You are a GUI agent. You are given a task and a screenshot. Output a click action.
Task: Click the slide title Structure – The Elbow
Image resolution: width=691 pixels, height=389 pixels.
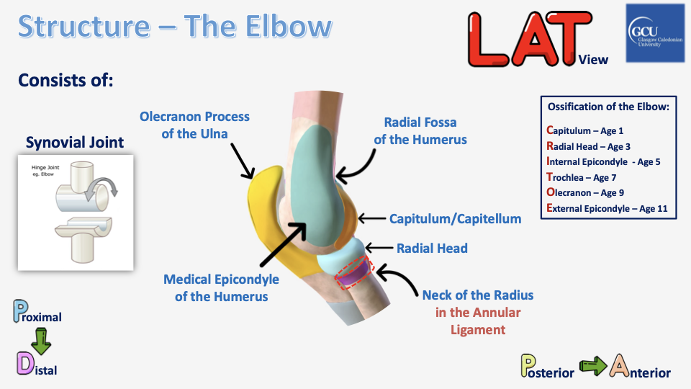175,27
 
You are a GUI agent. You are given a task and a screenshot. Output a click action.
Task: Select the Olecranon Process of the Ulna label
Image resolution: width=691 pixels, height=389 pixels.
194,124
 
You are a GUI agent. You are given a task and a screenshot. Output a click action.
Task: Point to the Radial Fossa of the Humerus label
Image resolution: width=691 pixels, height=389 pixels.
420,130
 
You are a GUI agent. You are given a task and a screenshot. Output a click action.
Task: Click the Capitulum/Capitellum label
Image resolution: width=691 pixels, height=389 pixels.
455,218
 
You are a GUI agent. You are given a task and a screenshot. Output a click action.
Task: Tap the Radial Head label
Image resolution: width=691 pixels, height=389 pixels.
432,249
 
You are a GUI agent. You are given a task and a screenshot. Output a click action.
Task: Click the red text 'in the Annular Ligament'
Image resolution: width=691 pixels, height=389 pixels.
477,321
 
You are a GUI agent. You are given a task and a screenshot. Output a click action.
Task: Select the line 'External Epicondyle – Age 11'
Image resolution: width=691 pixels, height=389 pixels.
608,208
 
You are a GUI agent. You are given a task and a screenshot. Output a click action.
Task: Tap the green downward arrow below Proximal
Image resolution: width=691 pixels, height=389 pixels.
40,341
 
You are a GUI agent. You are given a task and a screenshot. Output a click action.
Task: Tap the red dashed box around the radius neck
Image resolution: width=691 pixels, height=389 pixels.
354,272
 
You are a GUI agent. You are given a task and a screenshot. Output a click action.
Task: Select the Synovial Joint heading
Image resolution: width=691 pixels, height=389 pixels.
75,143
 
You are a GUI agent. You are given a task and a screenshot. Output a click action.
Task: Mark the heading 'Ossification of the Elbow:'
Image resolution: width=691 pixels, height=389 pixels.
608,107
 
